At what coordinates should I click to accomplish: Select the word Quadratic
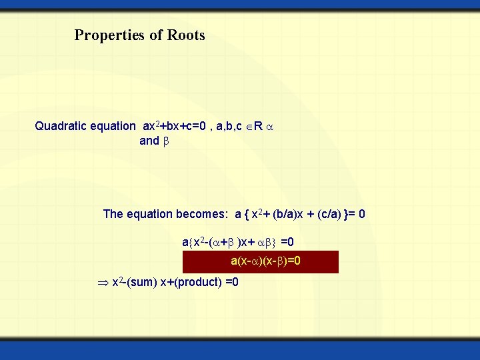point(61,126)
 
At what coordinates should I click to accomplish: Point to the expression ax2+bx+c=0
point(178,126)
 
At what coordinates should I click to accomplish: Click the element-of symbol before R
point(249,126)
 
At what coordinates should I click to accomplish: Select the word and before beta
point(149,141)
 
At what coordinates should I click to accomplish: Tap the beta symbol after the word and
point(167,141)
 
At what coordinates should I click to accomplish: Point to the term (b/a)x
point(289,214)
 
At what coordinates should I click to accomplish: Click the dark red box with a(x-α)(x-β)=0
point(261,261)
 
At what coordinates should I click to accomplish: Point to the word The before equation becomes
point(113,214)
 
